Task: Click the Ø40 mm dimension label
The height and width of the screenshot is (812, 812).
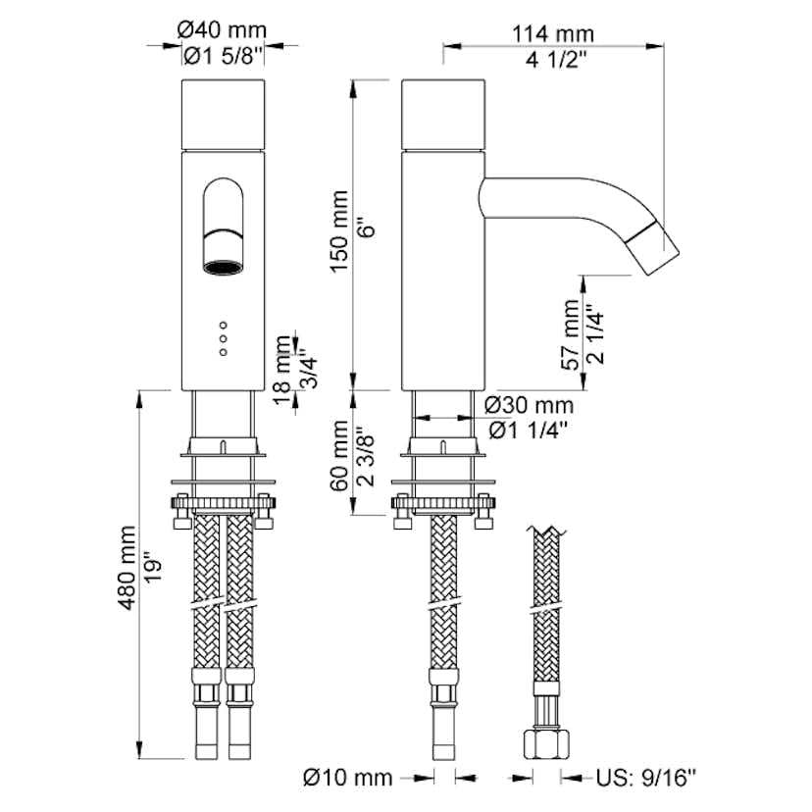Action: [x=225, y=31]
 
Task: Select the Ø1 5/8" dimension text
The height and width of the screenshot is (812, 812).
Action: [x=225, y=58]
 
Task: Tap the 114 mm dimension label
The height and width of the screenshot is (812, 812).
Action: [x=552, y=34]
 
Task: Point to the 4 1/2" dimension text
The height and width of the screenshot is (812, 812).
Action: [x=552, y=60]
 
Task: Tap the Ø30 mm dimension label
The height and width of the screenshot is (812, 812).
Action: [x=529, y=405]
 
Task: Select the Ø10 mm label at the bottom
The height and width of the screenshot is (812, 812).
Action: [x=346, y=778]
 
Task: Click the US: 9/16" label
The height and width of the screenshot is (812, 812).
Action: [x=646, y=779]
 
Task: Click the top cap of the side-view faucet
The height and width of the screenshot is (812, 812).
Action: [x=443, y=116]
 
